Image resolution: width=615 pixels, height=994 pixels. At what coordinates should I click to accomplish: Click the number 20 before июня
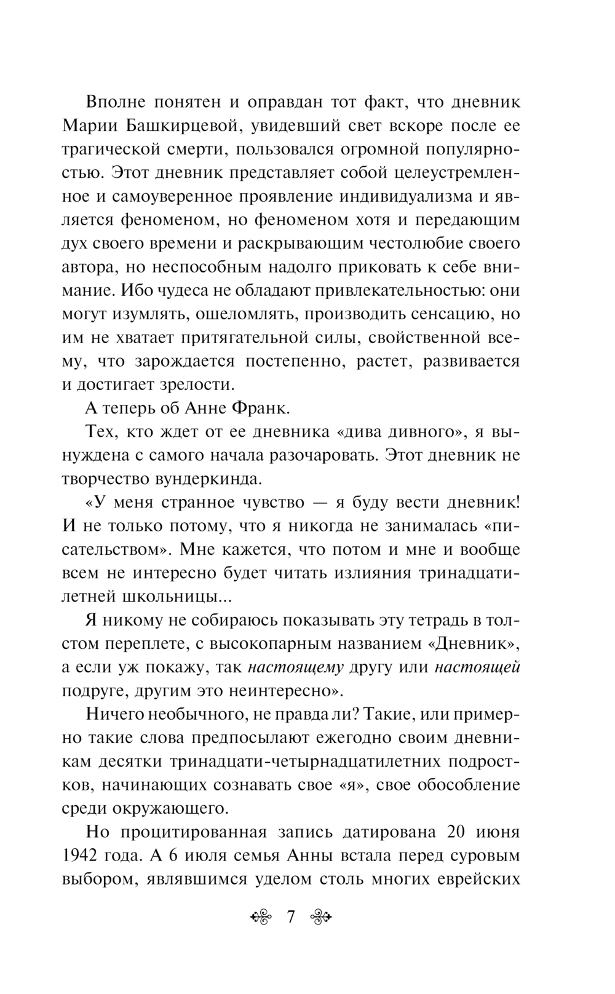click(x=446, y=832)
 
